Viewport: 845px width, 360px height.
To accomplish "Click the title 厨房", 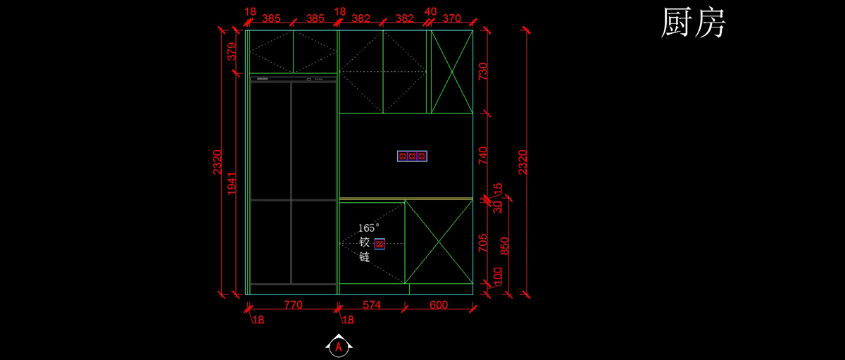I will [x=693, y=24].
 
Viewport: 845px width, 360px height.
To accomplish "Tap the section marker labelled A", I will [x=339, y=346].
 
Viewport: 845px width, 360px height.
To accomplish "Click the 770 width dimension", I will [x=293, y=305].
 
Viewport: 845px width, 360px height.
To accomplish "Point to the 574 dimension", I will [x=371, y=305].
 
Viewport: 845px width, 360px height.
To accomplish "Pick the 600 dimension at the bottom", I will [x=438, y=305].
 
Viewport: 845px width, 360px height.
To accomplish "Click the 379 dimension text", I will [x=232, y=52].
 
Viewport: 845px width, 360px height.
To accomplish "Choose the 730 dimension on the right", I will [x=483, y=71].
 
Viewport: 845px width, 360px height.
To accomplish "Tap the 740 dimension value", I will [x=483, y=155].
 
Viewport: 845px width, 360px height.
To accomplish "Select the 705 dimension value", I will [x=483, y=243].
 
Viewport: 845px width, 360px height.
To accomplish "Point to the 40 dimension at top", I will [x=430, y=11].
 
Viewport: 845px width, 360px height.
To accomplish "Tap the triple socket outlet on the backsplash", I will [x=412, y=156].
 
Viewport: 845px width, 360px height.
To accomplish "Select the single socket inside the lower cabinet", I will [x=380, y=244].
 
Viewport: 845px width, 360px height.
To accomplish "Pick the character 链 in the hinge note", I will [x=364, y=257].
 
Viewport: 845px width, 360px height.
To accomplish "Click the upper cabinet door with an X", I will [x=451, y=71].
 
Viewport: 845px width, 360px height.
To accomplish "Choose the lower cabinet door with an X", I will [x=438, y=242].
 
